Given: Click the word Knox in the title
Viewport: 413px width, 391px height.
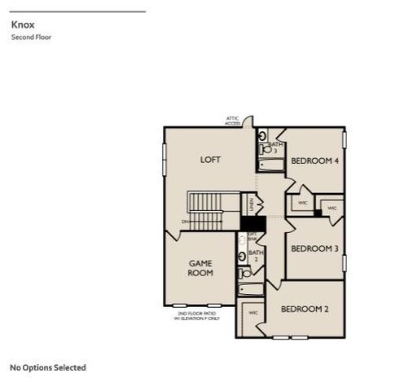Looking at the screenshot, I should coord(23,24).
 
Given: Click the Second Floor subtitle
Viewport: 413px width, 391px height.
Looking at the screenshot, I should coord(31,37).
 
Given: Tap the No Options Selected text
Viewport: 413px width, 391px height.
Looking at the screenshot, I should coord(47,367).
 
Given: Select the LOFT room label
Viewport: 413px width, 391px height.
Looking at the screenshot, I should coord(210,160).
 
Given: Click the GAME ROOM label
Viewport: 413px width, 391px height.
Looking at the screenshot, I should coord(200,268).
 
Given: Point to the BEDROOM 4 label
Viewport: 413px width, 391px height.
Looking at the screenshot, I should coord(314,160).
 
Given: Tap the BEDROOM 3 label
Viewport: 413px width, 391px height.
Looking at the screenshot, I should coord(314,248).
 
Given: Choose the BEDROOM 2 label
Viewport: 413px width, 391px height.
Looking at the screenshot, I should coord(305,309).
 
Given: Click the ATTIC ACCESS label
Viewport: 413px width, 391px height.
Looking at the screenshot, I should coord(233,121).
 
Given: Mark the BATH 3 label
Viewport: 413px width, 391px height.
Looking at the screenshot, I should coord(275,147).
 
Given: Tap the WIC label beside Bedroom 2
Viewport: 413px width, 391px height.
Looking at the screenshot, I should coord(253,312).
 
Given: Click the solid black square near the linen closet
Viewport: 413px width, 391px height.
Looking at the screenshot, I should coord(253,223).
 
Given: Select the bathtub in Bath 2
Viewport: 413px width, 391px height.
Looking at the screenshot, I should coord(249,289).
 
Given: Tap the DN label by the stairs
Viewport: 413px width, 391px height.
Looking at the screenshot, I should coord(185,221).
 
